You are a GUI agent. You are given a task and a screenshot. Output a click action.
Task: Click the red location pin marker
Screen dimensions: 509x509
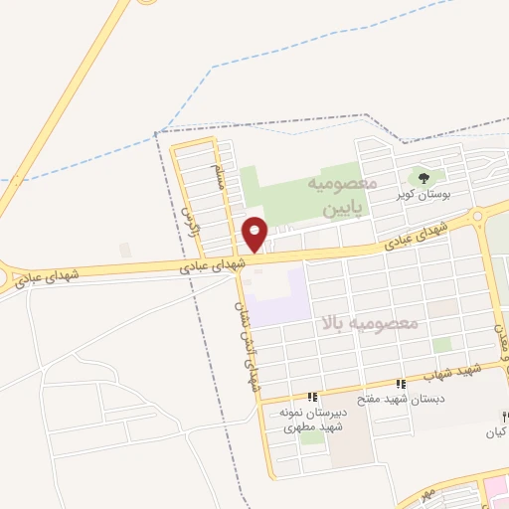[x=255, y=234]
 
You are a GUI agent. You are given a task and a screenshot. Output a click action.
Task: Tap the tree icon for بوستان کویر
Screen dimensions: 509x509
[x=424, y=179]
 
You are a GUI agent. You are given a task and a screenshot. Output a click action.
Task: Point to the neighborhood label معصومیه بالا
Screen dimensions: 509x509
[x=370, y=324]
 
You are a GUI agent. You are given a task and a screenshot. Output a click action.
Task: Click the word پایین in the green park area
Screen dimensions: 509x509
[x=345, y=210]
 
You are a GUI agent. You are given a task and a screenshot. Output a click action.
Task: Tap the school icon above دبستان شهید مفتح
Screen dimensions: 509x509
[x=401, y=384]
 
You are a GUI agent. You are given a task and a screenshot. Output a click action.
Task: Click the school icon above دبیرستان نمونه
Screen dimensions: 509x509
[x=312, y=397]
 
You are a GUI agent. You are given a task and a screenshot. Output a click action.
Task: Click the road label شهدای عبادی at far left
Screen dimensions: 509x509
[x=41, y=277]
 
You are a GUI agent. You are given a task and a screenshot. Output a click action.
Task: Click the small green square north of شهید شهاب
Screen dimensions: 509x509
[x=442, y=344]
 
